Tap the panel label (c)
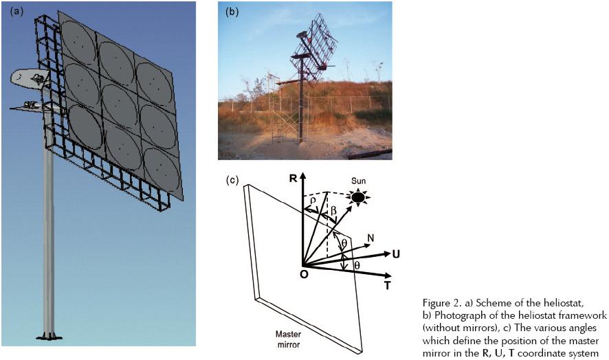click(233, 181)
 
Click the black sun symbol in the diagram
click(357, 196)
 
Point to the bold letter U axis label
click(396, 254)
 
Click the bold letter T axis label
click(388, 284)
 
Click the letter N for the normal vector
click(371, 238)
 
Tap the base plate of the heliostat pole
click(49, 337)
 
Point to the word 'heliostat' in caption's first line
click(554, 302)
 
